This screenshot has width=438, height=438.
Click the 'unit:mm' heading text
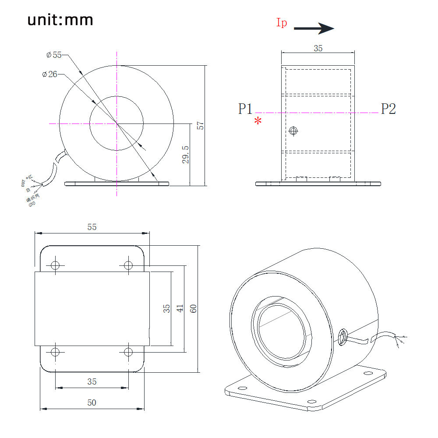[x=60, y=20]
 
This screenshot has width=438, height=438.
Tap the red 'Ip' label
[x=282, y=23]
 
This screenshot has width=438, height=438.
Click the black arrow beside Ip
[x=314, y=29]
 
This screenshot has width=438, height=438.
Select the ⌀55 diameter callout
[x=54, y=55]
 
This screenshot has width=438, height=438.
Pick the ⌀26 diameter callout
[x=50, y=74]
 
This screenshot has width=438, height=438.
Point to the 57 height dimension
[x=201, y=126]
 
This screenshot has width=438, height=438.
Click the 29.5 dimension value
[x=185, y=155]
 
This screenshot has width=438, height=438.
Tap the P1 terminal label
[x=245, y=109]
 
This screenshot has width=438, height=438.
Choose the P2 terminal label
[x=388, y=109]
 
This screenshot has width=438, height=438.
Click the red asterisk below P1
[x=258, y=121]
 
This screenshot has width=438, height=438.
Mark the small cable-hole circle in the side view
[x=293, y=131]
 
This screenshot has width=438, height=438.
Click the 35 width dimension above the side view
[x=318, y=49]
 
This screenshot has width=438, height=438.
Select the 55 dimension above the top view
[x=92, y=227]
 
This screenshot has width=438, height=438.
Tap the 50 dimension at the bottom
[x=92, y=403]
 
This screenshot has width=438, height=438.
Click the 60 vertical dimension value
[x=193, y=308]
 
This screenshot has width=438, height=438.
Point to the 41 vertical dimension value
[x=180, y=308]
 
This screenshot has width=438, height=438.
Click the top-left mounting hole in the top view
[x=55, y=265]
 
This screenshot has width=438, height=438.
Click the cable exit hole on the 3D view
[x=343, y=336]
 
